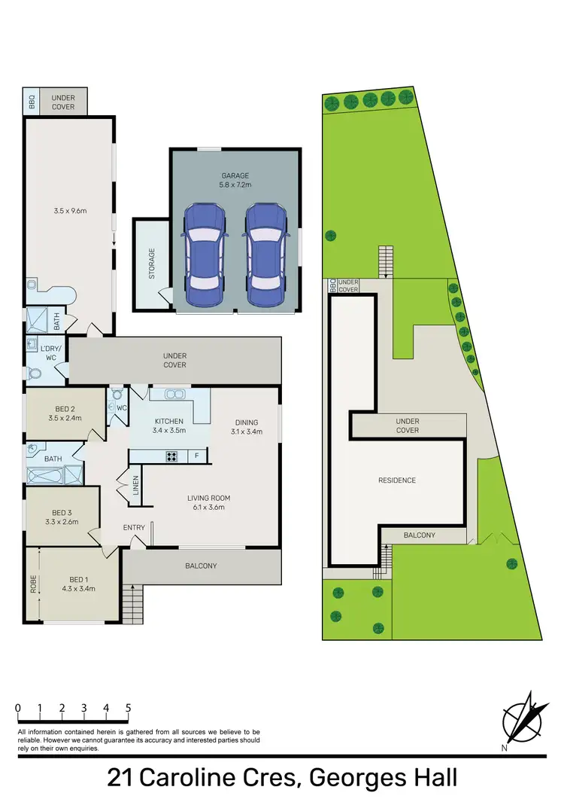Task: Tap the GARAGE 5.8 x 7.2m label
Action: tap(235, 179)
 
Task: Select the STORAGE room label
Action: tap(151, 264)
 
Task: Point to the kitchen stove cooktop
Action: tap(171, 455)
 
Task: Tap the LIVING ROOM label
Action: tap(208, 502)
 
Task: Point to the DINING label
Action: tap(246, 427)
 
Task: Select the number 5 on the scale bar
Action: tap(129, 709)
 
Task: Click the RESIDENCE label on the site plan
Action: tap(396, 480)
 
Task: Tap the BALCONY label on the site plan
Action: tap(419, 535)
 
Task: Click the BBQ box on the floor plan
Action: tap(32, 102)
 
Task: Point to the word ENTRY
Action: tap(134, 527)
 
